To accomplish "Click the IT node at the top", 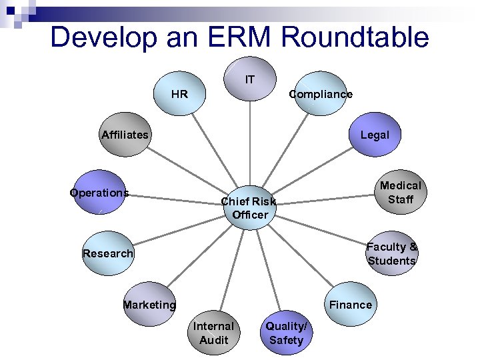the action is pos(250,79).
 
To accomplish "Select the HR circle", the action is pos(180,94).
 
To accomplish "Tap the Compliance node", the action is pos(320,94).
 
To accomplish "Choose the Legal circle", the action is pos(374,135).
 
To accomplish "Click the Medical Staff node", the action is pos(400,192).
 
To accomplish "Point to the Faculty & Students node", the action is pos(392,253).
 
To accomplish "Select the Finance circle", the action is pos(351,305).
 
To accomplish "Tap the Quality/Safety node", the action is pos(286,333).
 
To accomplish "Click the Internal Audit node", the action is pos(213,333).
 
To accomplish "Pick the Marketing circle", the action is pos(149,305).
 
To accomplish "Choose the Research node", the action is pos(107,253).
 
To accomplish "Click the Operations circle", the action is pos(99,193).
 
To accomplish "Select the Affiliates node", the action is pos(125,135).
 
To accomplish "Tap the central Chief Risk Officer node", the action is pos(249,207).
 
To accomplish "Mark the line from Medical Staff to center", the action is pos(327,199).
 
